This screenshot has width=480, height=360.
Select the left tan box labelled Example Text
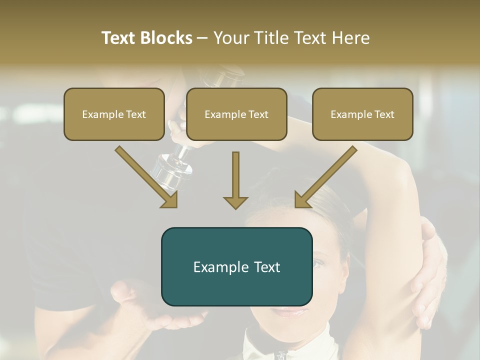tap(114, 114)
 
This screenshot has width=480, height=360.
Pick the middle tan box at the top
tap(236, 114)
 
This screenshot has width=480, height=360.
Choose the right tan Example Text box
tap(362, 114)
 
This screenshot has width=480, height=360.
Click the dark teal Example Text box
tap(236, 266)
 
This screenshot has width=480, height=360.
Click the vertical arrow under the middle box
tap(235, 180)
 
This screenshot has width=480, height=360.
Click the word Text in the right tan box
tap(384, 114)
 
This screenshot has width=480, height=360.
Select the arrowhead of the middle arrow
tap(235, 202)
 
